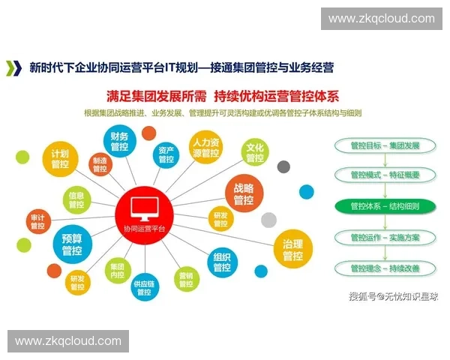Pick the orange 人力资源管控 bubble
coord(205,148)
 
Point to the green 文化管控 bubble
coord(255,152)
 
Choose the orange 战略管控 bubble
coord(244,194)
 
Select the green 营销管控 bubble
coord(186,279)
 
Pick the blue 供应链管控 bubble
coord(144,289)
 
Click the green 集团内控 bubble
coord(117,271)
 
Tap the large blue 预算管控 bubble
coord(72,244)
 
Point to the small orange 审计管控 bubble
coord(37,222)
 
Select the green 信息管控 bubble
coord(76,199)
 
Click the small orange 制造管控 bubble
coord(100,164)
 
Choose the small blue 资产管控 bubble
coord(166,154)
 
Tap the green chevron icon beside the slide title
coord(13,68)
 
